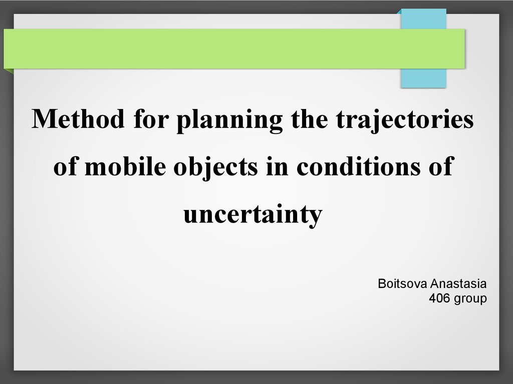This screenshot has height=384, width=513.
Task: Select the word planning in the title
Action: click(x=229, y=120)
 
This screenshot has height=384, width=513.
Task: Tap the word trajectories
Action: click(x=405, y=120)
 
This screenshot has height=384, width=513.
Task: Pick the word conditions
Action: click(x=359, y=166)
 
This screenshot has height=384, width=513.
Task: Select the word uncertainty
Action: click(x=253, y=215)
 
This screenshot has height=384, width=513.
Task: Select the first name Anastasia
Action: click(x=458, y=283)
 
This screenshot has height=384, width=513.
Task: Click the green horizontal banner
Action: click(x=234, y=48)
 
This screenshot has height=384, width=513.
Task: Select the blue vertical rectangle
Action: click(x=423, y=48)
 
